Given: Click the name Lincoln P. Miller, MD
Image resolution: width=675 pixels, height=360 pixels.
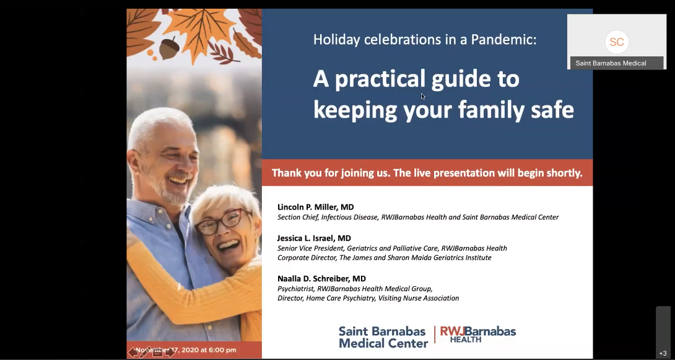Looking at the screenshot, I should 315,207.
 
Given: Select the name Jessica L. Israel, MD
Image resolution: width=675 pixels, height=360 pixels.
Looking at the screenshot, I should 314,238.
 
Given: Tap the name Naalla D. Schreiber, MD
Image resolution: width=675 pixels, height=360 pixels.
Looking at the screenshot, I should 321,279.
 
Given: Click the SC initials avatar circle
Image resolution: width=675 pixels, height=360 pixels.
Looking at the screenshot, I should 616,42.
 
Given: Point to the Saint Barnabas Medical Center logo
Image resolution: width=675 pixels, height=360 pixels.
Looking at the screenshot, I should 383,336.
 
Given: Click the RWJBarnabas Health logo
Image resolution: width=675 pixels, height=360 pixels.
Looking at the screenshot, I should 477,334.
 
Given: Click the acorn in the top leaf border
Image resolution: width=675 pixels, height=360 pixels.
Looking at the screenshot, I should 169,48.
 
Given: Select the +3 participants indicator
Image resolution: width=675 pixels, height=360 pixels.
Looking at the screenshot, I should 663,353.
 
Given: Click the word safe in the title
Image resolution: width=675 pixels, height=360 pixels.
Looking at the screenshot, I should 549,110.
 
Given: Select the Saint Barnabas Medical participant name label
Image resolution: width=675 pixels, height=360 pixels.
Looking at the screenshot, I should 611,63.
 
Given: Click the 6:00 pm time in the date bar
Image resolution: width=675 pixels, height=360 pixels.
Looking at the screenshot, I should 222,350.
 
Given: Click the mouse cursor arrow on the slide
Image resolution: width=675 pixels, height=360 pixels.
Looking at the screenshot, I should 423,96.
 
